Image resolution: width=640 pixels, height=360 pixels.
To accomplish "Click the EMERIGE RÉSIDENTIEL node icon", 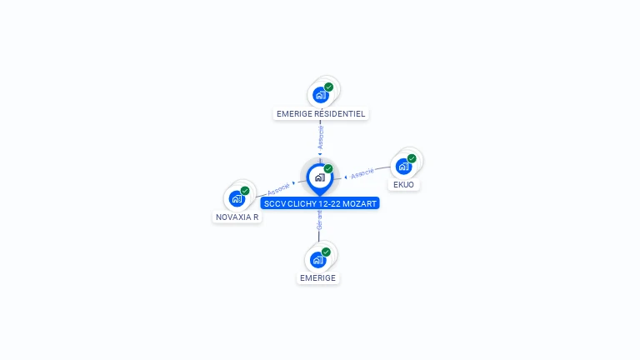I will (319, 94).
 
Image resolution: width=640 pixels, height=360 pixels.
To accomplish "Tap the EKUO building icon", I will (404, 165).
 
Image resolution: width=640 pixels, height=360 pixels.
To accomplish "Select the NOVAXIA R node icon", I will (237, 198).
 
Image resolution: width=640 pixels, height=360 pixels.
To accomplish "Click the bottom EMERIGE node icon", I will (317, 259).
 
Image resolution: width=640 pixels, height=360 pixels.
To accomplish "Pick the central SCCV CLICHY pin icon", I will (319, 177).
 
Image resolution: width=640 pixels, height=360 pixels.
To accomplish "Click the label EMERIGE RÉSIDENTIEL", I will (321, 113).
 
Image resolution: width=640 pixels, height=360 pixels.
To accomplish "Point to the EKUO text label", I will (403, 184).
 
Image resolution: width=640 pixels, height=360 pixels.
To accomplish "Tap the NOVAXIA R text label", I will (237, 217).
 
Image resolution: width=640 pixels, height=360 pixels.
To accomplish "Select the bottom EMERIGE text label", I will (317, 278).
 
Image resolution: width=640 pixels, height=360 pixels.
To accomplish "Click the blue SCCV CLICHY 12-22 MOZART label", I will (320, 203).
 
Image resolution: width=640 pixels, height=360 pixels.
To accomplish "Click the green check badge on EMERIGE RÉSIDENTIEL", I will (328, 87).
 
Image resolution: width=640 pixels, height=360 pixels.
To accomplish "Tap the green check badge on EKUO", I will (412, 157).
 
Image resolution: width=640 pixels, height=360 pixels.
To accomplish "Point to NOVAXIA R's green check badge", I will (245, 191).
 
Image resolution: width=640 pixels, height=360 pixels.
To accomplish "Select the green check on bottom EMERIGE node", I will (326, 252).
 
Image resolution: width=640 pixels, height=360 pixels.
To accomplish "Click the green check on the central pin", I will (328, 169).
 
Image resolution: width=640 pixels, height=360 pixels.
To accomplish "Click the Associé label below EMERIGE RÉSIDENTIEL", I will (321, 137).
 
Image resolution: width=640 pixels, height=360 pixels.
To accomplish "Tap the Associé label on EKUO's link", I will (362, 173).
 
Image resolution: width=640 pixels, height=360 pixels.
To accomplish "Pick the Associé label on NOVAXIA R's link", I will (279, 188).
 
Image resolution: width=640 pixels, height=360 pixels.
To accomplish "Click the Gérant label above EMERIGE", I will (318, 220).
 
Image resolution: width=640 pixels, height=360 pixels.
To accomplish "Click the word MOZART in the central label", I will (359, 203).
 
